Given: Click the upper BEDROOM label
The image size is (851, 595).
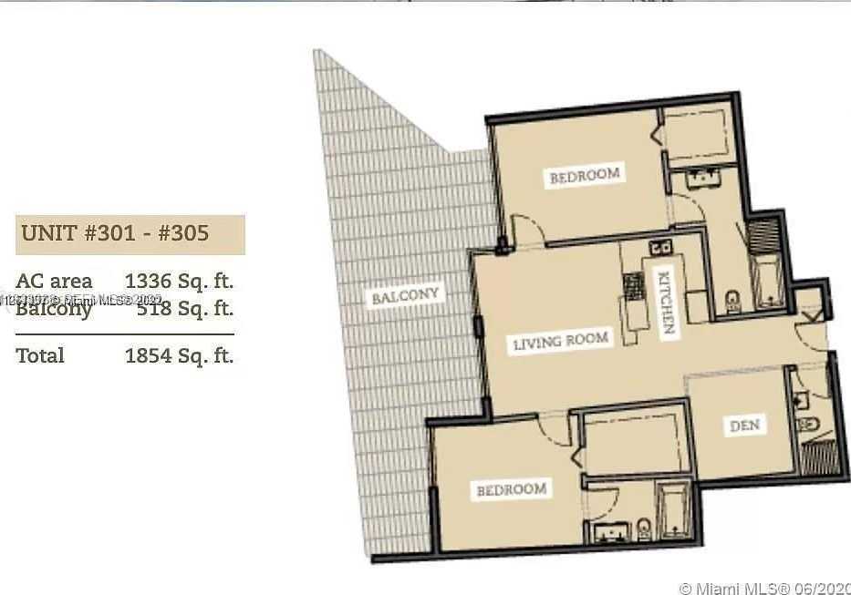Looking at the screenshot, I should tap(585, 175).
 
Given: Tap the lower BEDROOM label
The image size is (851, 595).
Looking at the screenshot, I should tap(512, 489).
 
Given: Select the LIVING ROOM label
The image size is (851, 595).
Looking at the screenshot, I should tap(560, 343).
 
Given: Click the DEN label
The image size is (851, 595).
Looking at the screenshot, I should tap(744, 425).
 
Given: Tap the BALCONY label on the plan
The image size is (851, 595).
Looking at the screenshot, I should tap(405, 297).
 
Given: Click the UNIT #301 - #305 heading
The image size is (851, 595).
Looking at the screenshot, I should tap(115, 233).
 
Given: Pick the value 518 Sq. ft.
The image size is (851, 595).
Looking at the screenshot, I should tap(184, 309).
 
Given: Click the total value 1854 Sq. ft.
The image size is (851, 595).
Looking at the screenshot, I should tap(179, 354).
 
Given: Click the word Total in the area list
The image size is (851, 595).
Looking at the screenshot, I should tap(40, 354).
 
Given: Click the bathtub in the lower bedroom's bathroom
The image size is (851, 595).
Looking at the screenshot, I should tap(673, 513).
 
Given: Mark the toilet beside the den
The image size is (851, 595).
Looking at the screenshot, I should tap(806, 426).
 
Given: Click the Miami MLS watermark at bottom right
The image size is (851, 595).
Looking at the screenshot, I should tap(764, 586).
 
